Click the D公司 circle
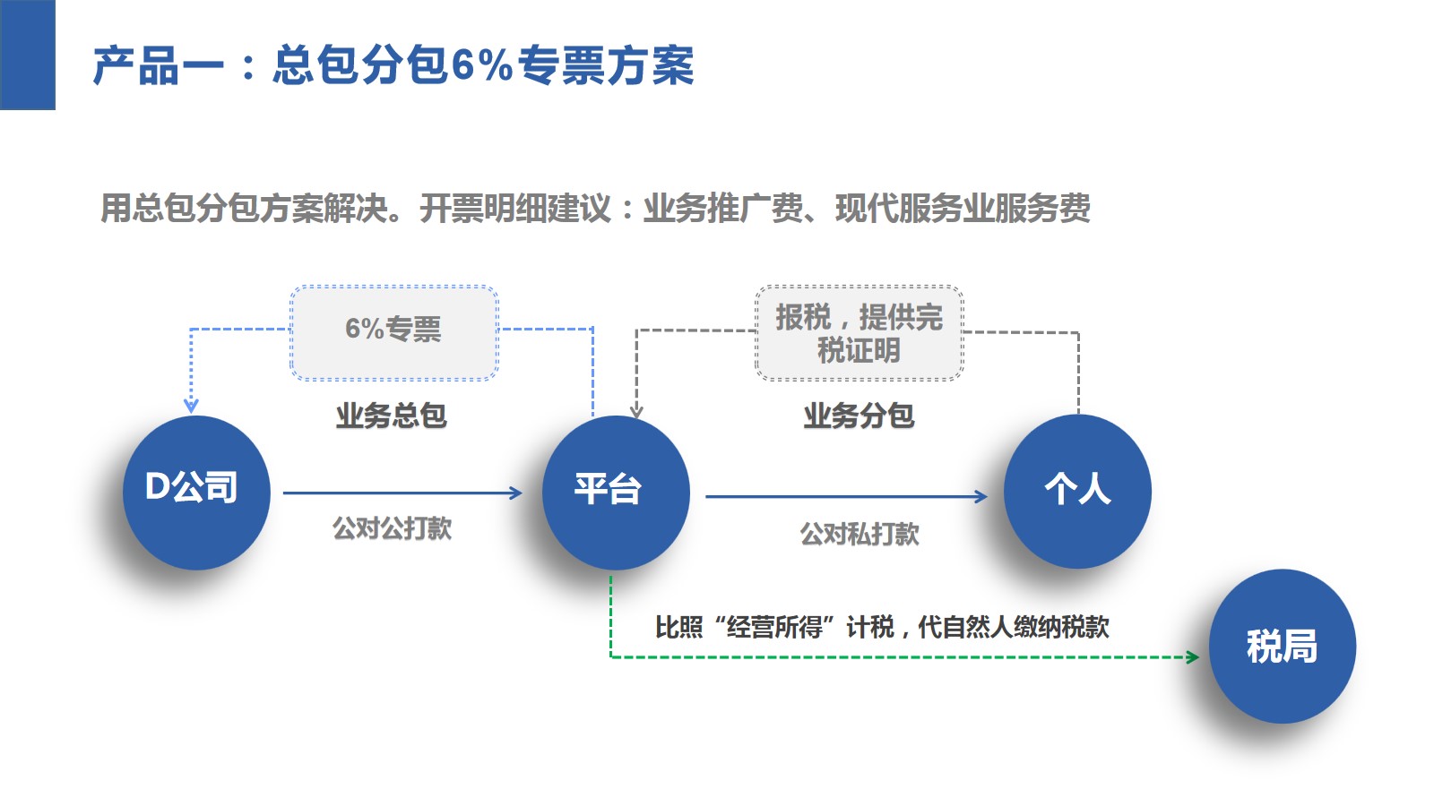point(195,492)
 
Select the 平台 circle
point(616,492)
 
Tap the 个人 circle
point(1077,491)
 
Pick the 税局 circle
point(1282,646)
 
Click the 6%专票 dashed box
point(393,332)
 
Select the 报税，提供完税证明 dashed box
point(859,333)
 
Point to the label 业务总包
point(391,416)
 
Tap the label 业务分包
point(858,416)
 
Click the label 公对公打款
point(392,528)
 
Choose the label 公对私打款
point(859,535)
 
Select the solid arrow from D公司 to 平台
point(402,493)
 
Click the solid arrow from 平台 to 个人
point(845,496)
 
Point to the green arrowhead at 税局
point(1193,657)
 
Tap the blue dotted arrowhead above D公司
point(191,406)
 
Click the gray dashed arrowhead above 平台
point(636,411)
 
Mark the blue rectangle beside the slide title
point(27,55)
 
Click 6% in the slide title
point(481,65)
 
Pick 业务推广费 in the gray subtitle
point(723,209)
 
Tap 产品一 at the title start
point(158,66)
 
